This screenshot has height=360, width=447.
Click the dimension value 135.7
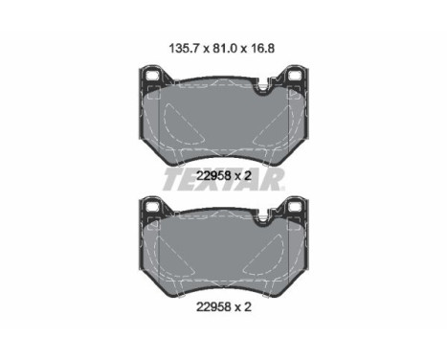[x=184, y=49]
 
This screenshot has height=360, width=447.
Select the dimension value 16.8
[x=261, y=49]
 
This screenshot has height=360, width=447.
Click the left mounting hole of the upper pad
[x=151, y=76]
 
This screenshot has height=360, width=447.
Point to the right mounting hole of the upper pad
[x=295, y=76]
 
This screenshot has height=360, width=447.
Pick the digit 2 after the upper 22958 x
[x=248, y=176]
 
